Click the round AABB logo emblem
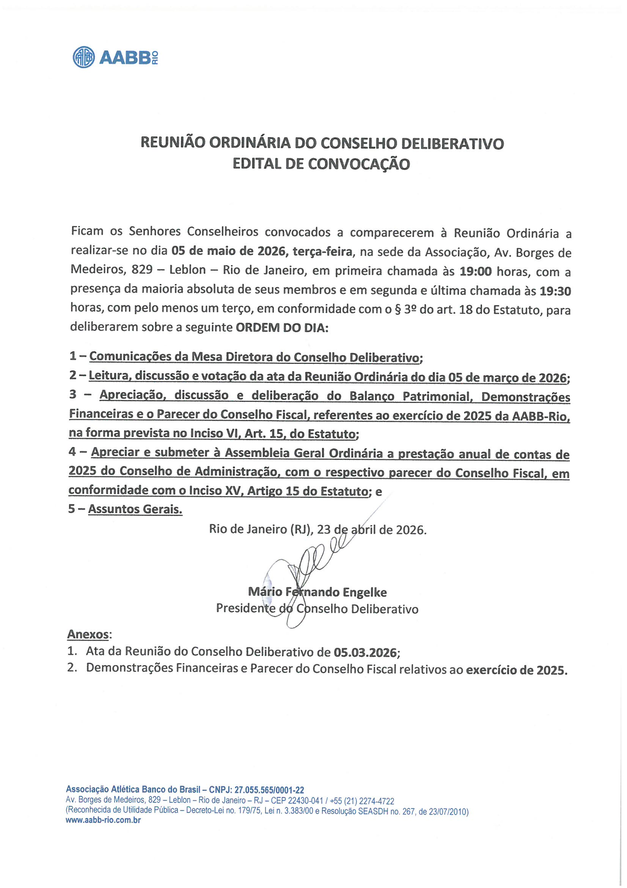(83, 57)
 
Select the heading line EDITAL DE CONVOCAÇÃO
(321, 164)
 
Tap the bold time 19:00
(475, 272)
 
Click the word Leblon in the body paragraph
(187, 270)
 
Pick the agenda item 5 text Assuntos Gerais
(135, 509)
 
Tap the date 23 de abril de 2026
(371, 529)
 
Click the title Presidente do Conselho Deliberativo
(317, 609)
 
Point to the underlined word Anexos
(88, 634)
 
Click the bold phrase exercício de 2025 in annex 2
(516, 670)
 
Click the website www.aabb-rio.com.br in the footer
(103, 820)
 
